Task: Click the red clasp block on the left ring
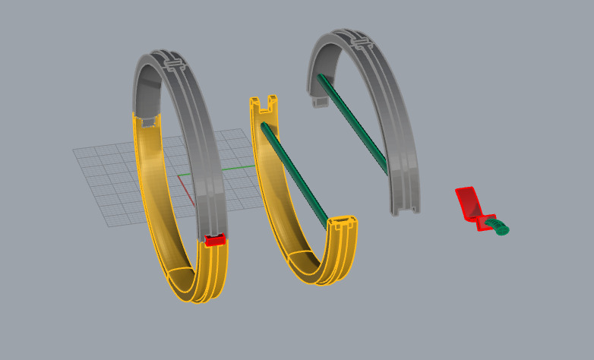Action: click(x=216, y=241)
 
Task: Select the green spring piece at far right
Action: click(x=501, y=227)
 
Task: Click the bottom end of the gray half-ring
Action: click(x=404, y=207)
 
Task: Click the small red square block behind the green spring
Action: click(x=483, y=223)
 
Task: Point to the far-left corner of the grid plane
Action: click(x=74, y=150)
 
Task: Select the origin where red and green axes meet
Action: click(x=179, y=176)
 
